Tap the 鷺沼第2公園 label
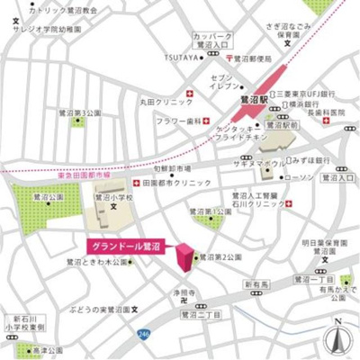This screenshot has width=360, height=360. coord(221,256)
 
